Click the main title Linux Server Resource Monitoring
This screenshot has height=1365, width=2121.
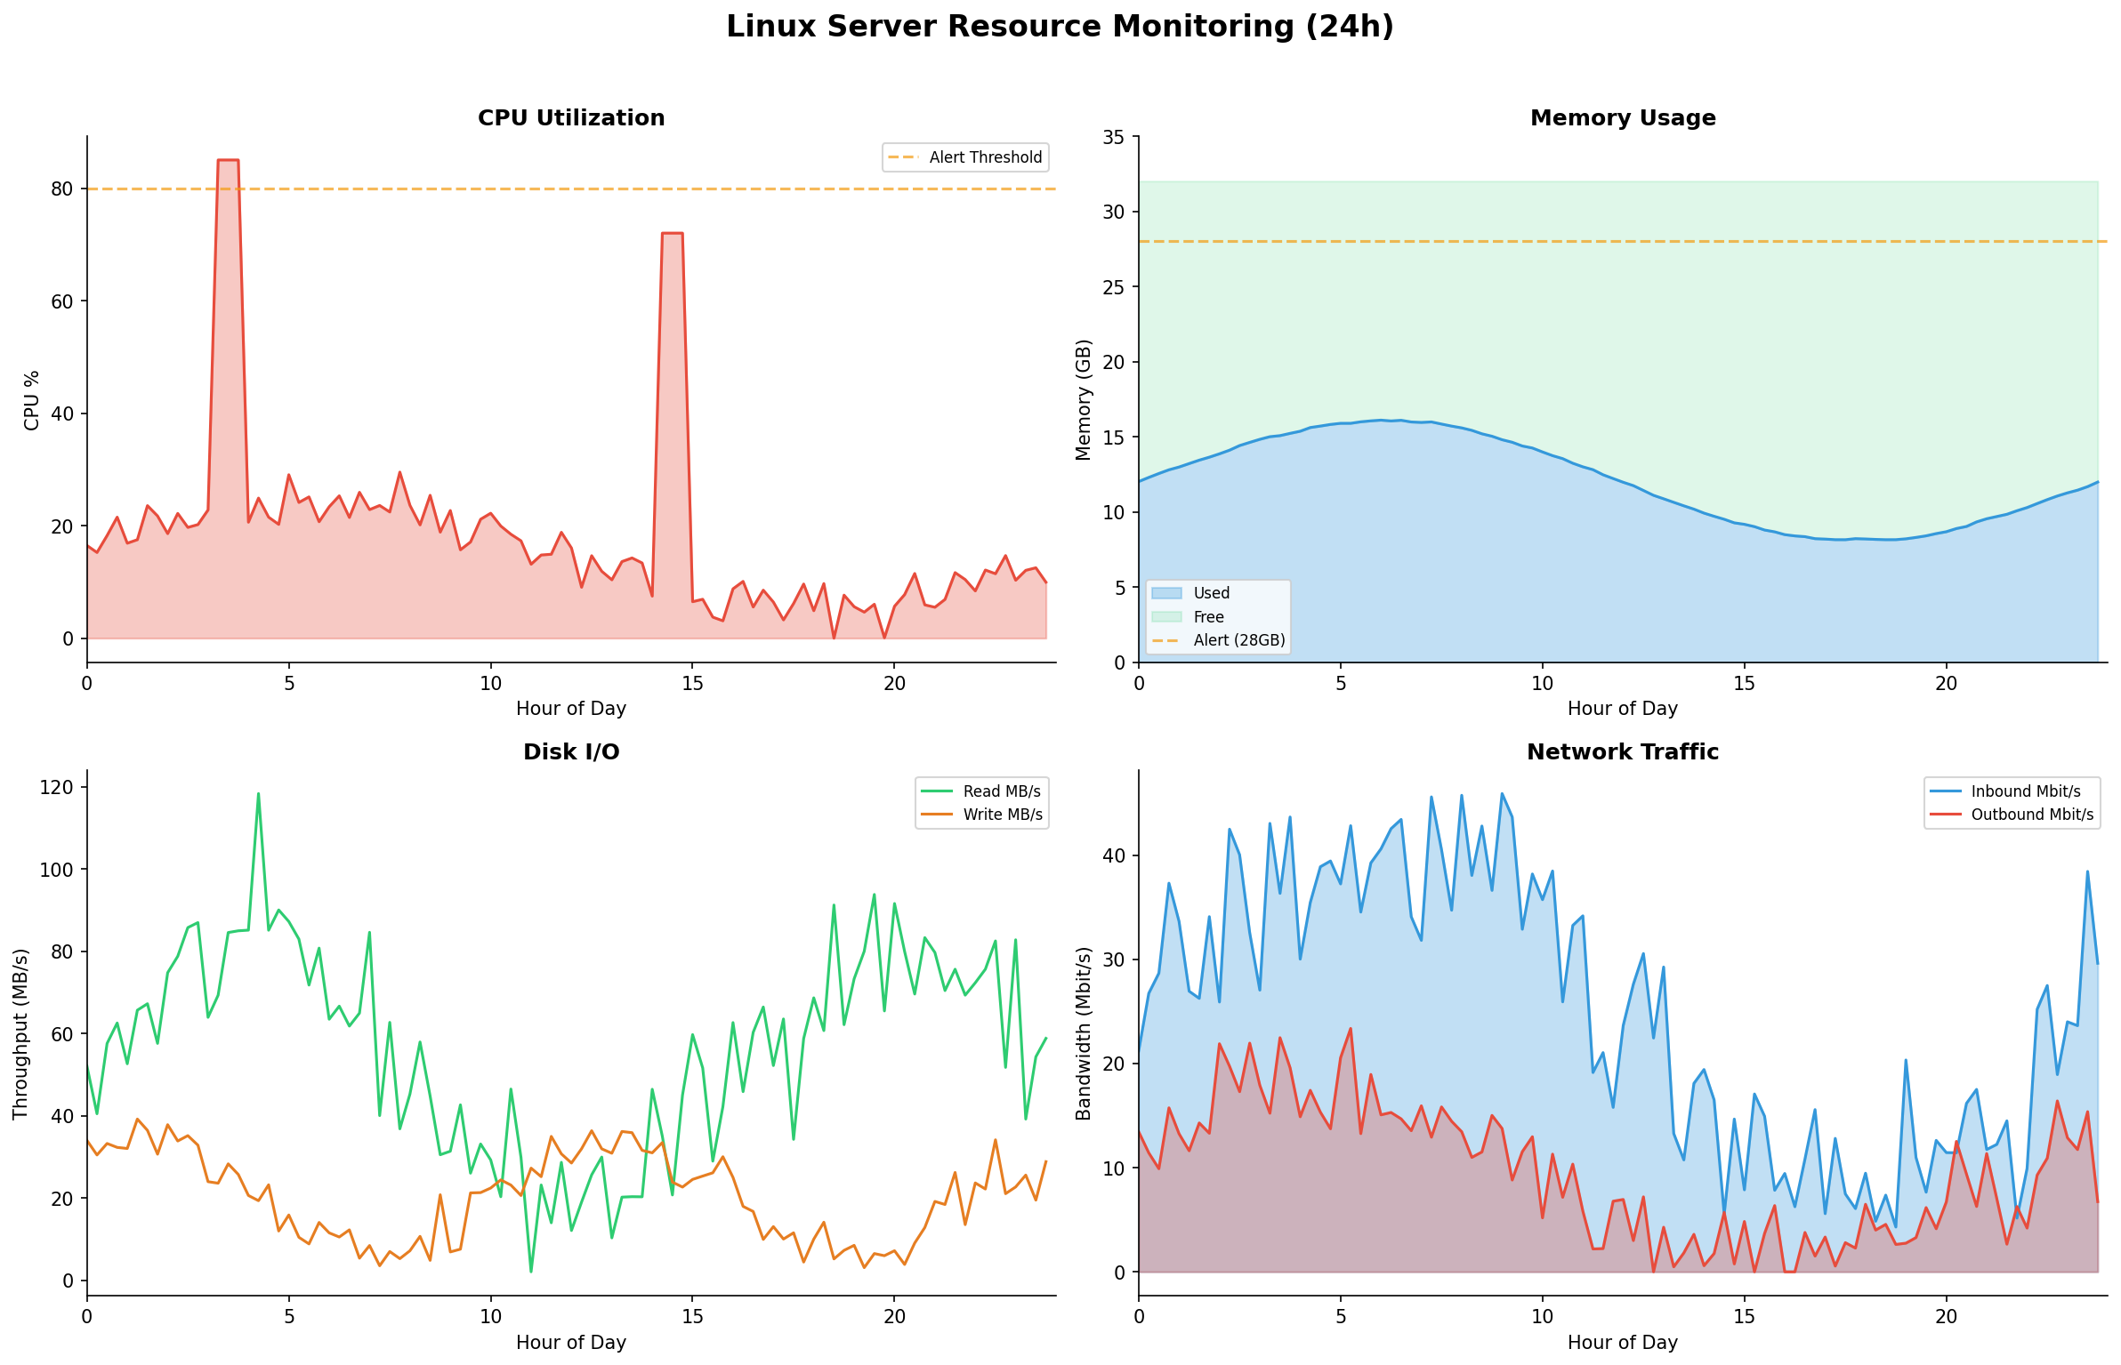pyautogui.click(x=1060, y=27)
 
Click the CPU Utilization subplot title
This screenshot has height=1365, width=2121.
pyautogui.click(x=571, y=118)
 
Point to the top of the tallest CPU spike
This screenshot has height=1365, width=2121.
pyautogui.click(x=228, y=160)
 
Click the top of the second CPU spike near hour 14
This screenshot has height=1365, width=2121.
pyautogui.click(x=672, y=233)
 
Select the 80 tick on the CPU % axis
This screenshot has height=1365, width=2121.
pyautogui.click(x=61, y=189)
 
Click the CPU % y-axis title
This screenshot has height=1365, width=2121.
pyautogui.click(x=32, y=400)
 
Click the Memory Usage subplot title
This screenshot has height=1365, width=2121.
pyautogui.click(x=1622, y=118)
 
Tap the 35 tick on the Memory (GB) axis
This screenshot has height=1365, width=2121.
pyautogui.click(x=1113, y=137)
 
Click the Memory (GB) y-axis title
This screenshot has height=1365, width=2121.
pyautogui.click(x=1083, y=399)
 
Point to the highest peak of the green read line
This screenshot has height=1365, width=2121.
pyautogui.click(x=258, y=793)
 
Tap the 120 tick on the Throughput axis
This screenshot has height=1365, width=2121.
pyautogui.click(x=56, y=787)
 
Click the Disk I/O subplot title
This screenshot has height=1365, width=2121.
pyautogui.click(x=571, y=752)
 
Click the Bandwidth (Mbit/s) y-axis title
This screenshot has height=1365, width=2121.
pyautogui.click(x=1083, y=1032)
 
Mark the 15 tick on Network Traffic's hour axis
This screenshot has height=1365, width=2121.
pyautogui.click(x=1744, y=1316)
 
